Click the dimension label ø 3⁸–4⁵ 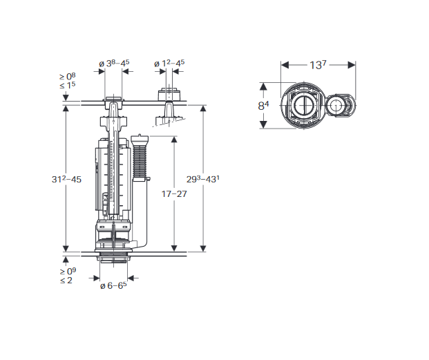[x=114, y=63]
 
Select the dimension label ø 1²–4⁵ [x=169, y=63]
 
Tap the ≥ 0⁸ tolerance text [x=68, y=76]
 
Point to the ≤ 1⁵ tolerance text [x=67, y=85]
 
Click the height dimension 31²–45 [x=66, y=180]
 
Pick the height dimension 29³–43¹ [x=203, y=179]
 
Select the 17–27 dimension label [x=174, y=194]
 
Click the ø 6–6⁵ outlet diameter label [x=113, y=285]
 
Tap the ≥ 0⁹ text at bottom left [x=68, y=271]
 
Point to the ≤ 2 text [x=66, y=281]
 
